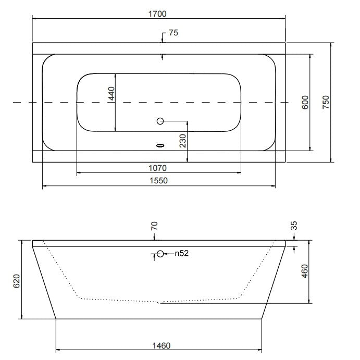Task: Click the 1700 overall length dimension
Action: tap(157, 14)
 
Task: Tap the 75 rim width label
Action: tap(173, 33)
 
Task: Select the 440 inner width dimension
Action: tap(111, 93)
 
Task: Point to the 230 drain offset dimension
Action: tap(183, 141)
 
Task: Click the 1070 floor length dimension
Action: tap(157, 168)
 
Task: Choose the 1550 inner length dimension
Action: tap(159, 180)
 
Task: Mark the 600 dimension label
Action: tap(305, 103)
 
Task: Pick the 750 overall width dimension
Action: tap(326, 102)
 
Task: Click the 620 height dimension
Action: tap(17, 281)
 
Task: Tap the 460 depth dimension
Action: tap(304, 271)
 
